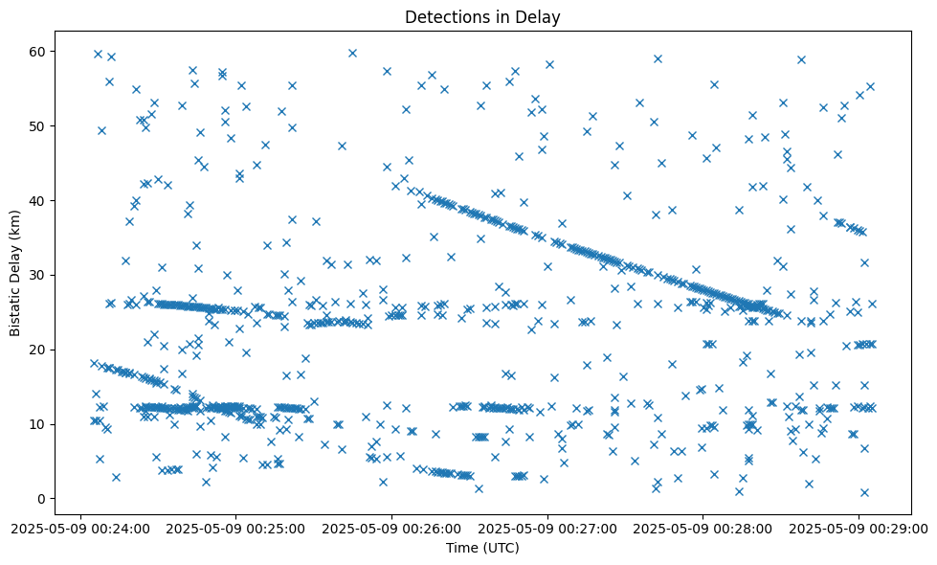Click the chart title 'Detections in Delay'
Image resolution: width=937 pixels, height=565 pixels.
click(481, 16)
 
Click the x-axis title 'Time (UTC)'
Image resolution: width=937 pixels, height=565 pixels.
click(481, 548)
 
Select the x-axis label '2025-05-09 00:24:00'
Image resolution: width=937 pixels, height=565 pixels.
click(80, 527)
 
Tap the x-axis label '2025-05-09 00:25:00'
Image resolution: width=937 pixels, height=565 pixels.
click(236, 527)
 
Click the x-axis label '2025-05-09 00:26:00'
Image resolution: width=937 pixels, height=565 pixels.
click(391, 527)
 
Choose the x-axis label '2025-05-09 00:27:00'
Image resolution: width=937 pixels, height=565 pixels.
click(547, 527)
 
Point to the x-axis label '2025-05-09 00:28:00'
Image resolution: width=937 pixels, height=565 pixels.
click(703, 527)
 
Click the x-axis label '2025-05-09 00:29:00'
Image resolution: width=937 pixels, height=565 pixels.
click(859, 527)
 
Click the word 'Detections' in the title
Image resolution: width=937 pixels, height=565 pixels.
click(444, 16)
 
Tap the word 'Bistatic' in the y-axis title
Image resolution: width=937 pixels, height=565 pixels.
click(15, 305)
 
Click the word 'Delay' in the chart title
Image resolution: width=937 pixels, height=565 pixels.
click(540, 16)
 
